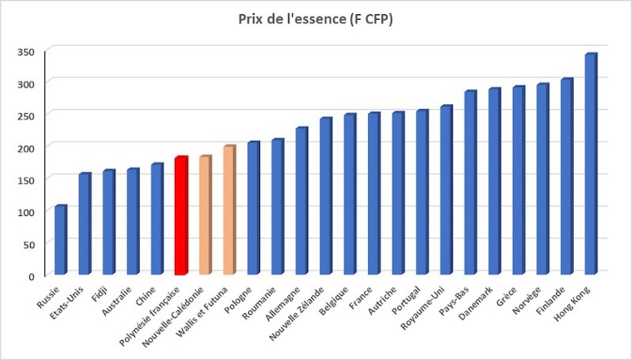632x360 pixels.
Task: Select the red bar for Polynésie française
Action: point(181,215)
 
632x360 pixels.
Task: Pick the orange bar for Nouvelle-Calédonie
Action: point(205,215)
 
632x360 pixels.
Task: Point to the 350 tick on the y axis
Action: point(28,52)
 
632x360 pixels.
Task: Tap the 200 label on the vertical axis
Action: point(28,147)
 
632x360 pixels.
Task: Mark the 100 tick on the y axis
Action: point(28,212)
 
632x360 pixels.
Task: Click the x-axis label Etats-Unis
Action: point(73,299)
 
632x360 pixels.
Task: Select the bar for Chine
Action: point(157,219)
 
